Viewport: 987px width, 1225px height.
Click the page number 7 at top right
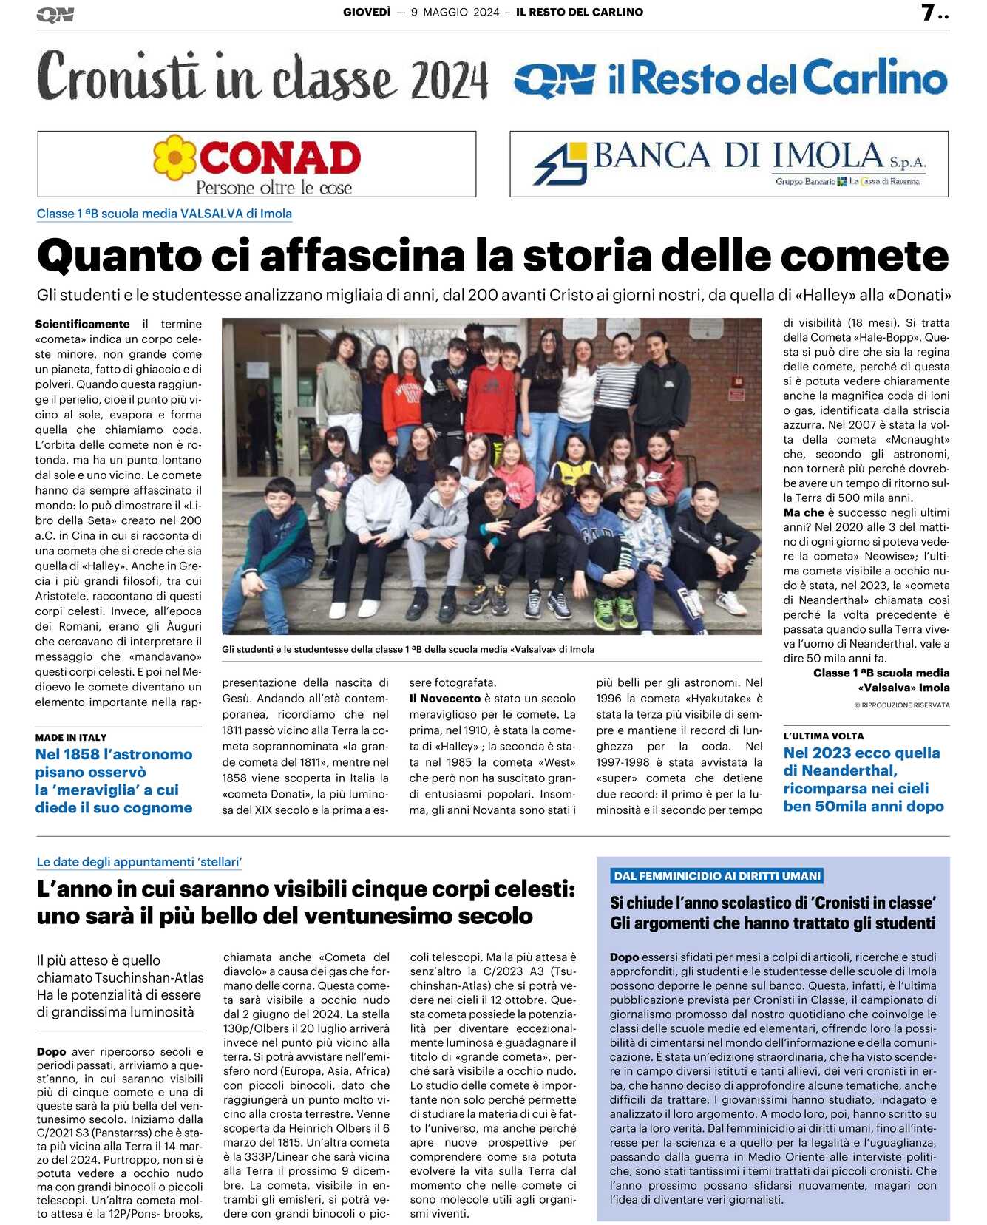click(x=929, y=13)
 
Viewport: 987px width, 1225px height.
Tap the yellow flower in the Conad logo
click(x=174, y=157)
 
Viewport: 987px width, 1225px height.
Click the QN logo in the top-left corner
click(x=55, y=15)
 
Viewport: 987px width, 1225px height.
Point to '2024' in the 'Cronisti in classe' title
click(x=450, y=80)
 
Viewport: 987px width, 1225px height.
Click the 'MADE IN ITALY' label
click(x=71, y=737)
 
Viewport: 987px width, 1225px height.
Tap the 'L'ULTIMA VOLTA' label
click(x=823, y=736)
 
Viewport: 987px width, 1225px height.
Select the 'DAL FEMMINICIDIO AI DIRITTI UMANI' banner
click(x=717, y=876)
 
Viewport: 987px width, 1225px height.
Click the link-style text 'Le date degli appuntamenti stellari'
click(x=140, y=862)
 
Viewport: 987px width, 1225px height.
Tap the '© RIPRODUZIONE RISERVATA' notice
click(x=902, y=705)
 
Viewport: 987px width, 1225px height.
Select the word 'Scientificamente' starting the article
click(x=82, y=324)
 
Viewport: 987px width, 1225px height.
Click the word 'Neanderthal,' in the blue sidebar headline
click(x=830, y=770)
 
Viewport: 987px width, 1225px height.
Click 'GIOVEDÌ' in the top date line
click(x=367, y=12)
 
